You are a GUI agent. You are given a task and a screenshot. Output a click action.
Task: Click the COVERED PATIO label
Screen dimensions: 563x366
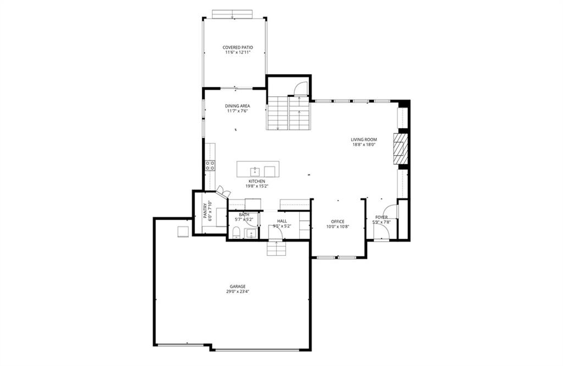click(x=238, y=47)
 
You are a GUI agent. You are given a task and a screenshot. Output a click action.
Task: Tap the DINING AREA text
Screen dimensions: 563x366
click(x=238, y=106)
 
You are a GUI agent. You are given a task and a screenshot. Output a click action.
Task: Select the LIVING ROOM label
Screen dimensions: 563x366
click(x=364, y=139)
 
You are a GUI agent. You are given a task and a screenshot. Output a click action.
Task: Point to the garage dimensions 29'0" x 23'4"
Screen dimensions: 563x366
click(x=238, y=292)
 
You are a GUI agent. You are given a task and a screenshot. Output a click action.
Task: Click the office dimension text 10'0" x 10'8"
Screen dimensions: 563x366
click(x=338, y=227)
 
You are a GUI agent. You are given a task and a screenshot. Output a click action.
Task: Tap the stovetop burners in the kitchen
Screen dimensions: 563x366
click(x=211, y=165)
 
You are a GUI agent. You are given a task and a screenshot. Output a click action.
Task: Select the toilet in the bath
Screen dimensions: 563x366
click(x=236, y=233)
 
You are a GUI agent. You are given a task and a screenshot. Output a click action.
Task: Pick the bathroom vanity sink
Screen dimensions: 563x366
click(x=251, y=233)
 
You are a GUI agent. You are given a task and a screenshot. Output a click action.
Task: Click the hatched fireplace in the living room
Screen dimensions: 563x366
click(x=401, y=149)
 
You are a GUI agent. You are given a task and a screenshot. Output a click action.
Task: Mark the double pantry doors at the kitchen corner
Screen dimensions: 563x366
click(x=223, y=192)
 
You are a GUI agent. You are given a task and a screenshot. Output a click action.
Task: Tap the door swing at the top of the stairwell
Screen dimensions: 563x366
click(x=300, y=89)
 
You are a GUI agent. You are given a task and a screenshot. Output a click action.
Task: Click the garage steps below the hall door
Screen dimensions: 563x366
click(x=277, y=248)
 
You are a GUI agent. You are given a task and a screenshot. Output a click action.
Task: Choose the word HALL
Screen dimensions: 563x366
click(x=282, y=221)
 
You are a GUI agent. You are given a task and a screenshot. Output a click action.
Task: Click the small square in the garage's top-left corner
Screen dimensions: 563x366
click(x=183, y=232)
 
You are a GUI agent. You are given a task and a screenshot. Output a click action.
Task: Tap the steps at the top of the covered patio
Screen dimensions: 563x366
click(x=233, y=14)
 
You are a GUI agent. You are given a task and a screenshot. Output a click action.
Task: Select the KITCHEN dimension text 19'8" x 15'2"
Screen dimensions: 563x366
click(x=257, y=186)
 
